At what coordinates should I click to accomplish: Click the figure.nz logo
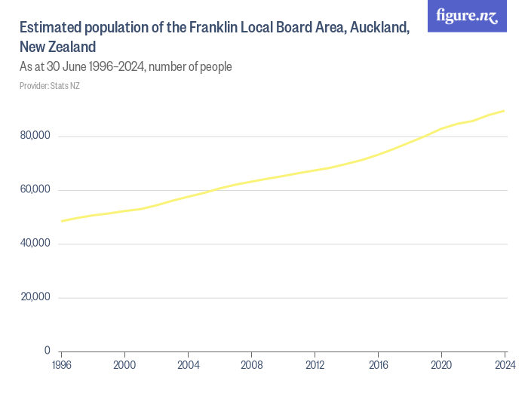click(x=468, y=16)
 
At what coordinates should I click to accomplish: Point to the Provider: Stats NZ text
click(x=50, y=86)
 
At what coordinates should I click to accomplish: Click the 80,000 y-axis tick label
click(x=35, y=136)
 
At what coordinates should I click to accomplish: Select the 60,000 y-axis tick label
click(x=35, y=189)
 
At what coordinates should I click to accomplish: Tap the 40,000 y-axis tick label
click(x=35, y=243)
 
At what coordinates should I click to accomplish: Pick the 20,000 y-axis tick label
click(x=35, y=296)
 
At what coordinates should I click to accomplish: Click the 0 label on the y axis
click(x=47, y=351)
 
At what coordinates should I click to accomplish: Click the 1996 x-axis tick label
click(x=61, y=365)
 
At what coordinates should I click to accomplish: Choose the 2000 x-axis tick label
click(x=124, y=365)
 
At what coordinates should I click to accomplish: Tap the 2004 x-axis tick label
click(x=188, y=365)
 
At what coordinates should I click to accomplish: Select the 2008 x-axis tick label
click(x=251, y=365)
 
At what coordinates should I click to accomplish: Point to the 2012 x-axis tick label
click(x=315, y=365)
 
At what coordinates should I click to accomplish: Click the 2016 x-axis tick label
click(x=378, y=365)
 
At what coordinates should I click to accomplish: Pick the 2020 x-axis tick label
click(x=441, y=365)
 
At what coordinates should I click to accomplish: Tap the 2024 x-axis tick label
click(x=504, y=365)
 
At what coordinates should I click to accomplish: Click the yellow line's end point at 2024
click(x=505, y=111)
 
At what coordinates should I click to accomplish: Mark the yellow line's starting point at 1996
click(x=61, y=221)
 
